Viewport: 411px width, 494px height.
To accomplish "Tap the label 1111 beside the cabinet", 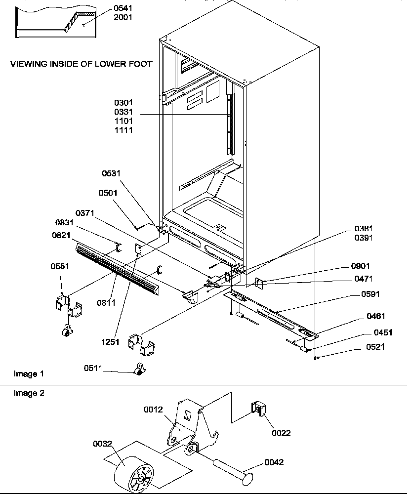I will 123,130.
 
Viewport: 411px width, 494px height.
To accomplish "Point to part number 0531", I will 112,173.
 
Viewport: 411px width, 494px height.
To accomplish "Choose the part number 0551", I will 59,266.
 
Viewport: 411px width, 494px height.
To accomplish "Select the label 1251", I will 111,342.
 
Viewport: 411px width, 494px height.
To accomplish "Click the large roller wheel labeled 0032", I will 131,474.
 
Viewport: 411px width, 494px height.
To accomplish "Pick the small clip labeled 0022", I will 258,409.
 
